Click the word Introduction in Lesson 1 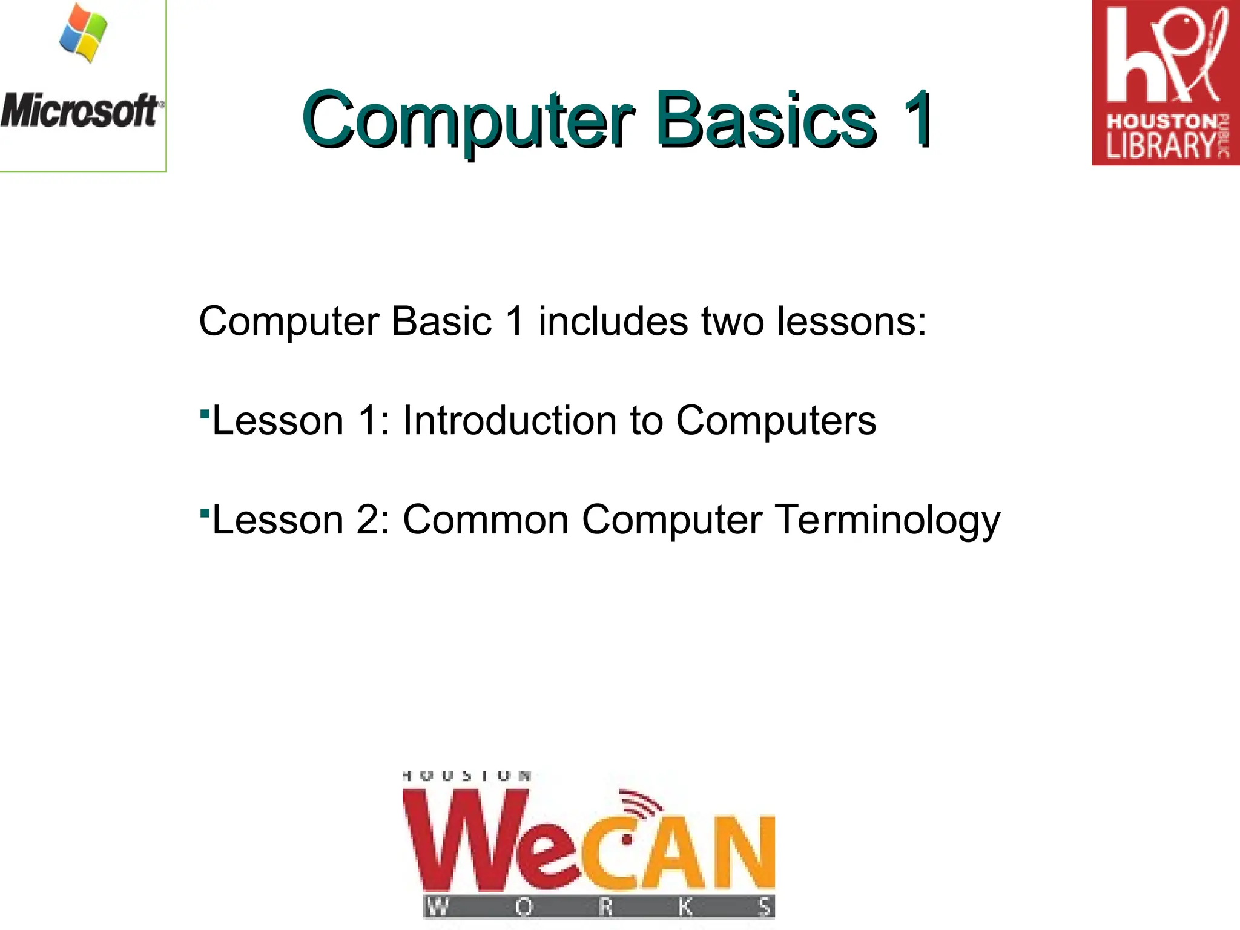(x=509, y=420)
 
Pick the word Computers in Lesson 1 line (x=776, y=420)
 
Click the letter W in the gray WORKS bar (x=437, y=907)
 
